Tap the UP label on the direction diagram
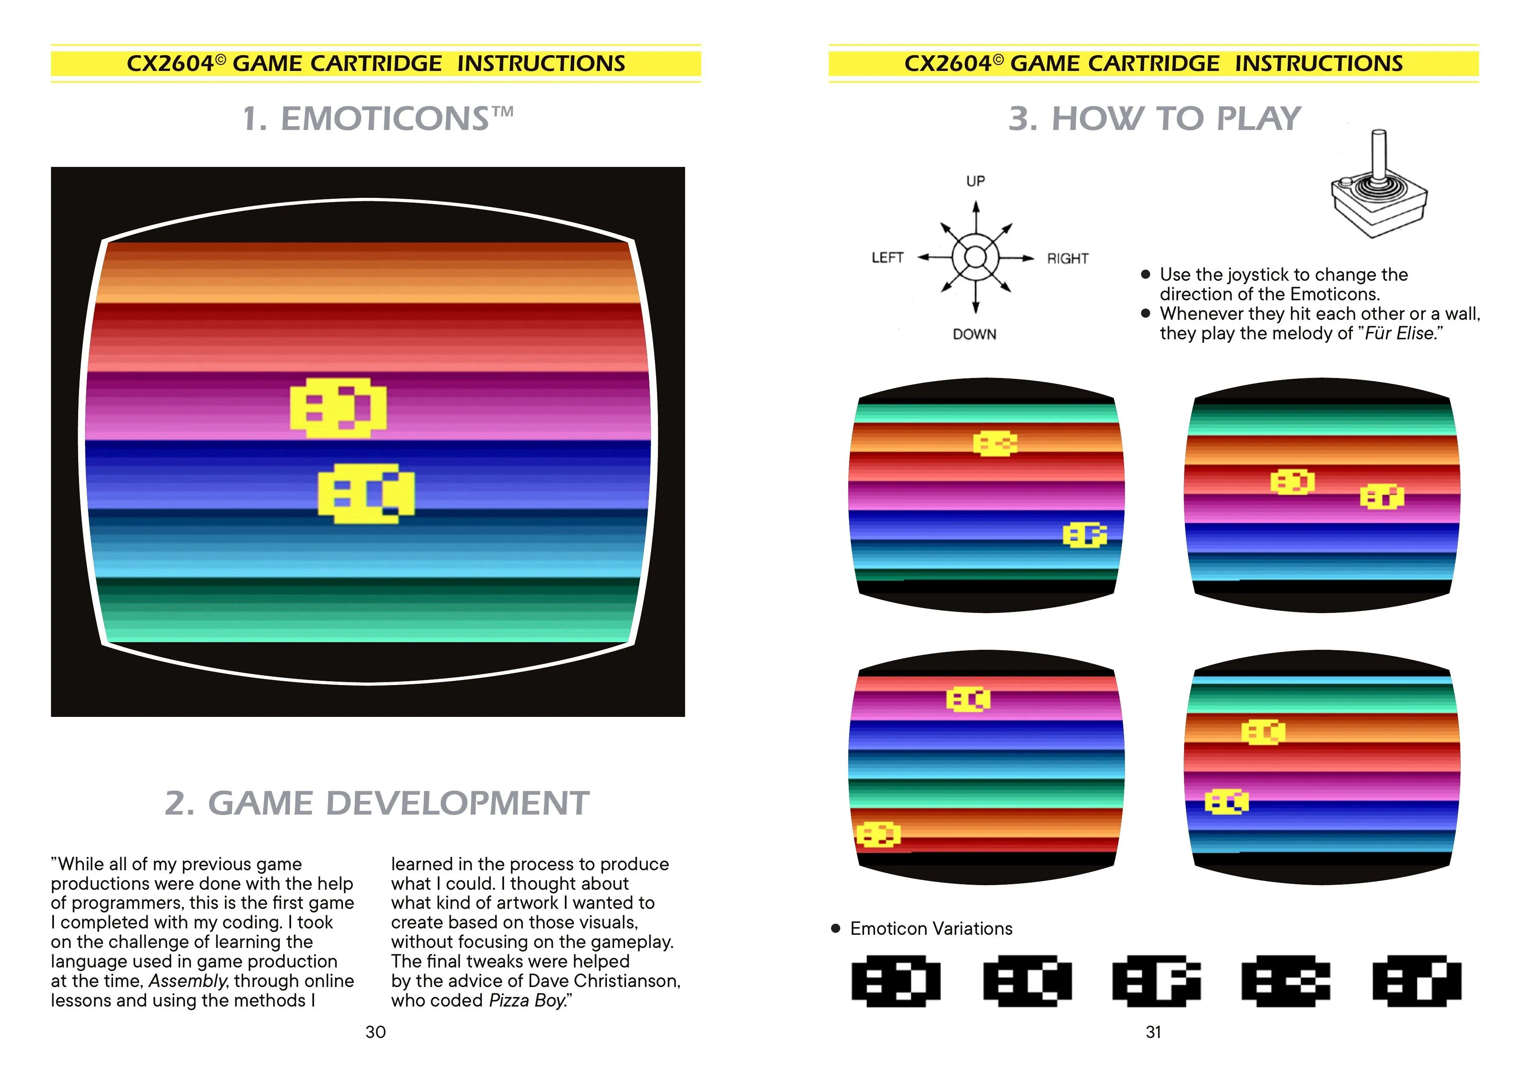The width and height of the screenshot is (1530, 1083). (x=975, y=181)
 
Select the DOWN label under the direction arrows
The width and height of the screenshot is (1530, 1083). (x=974, y=334)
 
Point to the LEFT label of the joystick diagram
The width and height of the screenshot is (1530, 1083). (x=887, y=257)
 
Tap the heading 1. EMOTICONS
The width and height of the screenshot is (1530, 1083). (x=378, y=118)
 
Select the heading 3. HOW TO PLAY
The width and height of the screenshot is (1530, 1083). (x=1154, y=118)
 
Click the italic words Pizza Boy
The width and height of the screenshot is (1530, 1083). (x=527, y=1000)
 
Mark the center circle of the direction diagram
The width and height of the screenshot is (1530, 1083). (x=975, y=257)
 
